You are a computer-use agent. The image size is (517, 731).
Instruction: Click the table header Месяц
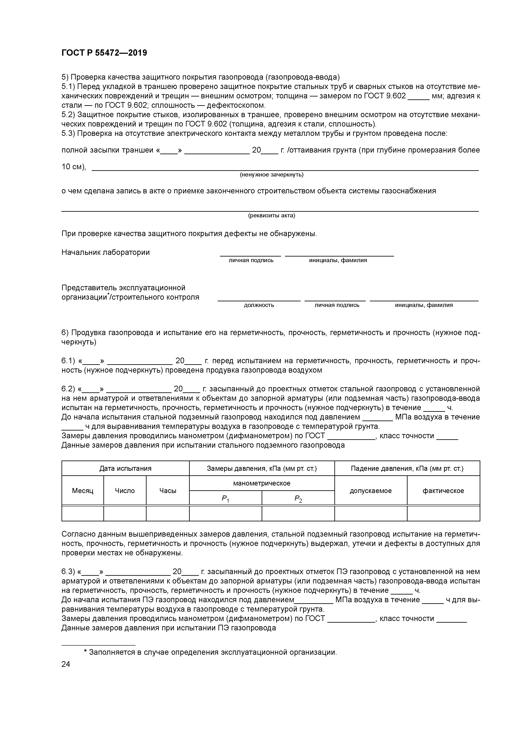tap(83, 491)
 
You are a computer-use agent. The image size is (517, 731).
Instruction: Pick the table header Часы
tap(168, 491)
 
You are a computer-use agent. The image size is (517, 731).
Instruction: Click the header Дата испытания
tap(125, 468)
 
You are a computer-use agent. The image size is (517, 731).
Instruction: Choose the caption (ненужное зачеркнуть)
tap(271, 175)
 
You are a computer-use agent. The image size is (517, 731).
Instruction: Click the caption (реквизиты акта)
tap(271, 215)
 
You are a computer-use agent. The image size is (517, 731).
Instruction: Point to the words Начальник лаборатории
tap(105, 253)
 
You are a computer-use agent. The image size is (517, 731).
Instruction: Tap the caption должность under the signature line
tap(259, 305)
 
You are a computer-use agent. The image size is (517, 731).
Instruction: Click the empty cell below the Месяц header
tap(83, 513)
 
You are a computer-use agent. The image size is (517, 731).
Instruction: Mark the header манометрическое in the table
tap(262, 483)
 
